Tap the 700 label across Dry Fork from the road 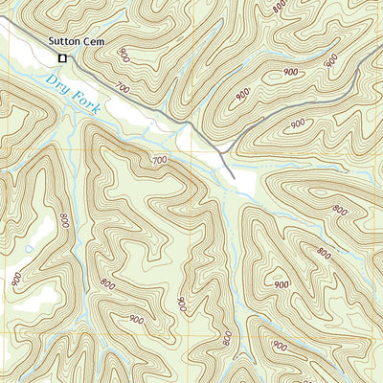pyautogui.click(x=159, y=162)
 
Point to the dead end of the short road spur pyautogui.click(x=233, y=178)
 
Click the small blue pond pyautogui.click(x=30, y=250)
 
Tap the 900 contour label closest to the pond pyautogui.click(x=16, y=279)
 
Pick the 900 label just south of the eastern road pyautogui.click(x=298, y=124)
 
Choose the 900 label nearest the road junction pyautogui.click(x=243, y=95)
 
